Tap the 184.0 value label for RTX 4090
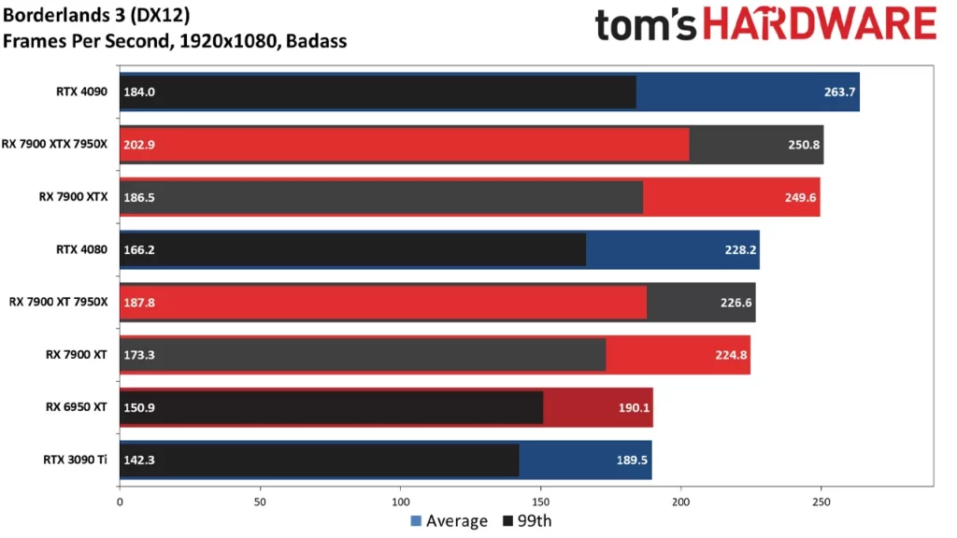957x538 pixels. point(138,92)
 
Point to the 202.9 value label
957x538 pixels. point(138,144)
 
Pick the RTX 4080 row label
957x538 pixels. point(82,248)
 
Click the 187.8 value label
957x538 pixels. point(138,302)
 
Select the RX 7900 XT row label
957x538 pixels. point(77,354)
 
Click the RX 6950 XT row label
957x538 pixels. point(77,406)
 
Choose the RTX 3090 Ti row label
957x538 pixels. point(76,459)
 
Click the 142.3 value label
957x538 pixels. point(138,459)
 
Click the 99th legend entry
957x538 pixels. point(528,521)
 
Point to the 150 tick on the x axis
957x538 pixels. point(541,502)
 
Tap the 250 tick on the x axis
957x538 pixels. point(821,502)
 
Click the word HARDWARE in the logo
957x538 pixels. point(819,24)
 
